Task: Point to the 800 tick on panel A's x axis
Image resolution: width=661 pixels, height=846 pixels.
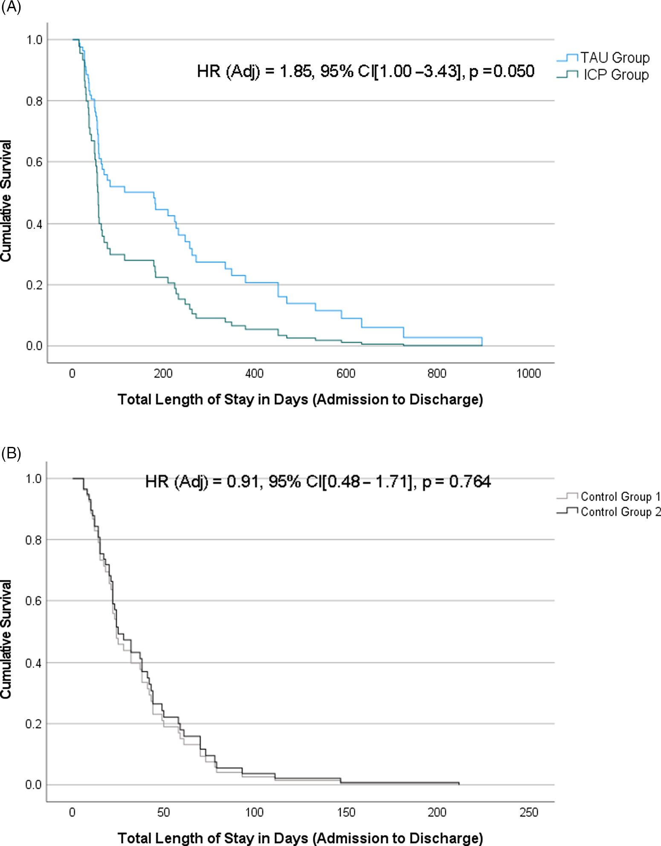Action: point(437,374)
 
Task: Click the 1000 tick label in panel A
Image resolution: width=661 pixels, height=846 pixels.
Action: point(528,374)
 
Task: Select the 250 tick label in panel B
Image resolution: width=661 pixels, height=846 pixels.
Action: point(529,812)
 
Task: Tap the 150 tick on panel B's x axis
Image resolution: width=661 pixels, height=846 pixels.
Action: point(346,812)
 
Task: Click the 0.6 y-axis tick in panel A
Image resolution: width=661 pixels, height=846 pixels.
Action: point(34,162)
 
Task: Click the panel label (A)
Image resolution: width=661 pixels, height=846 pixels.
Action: point(11,7)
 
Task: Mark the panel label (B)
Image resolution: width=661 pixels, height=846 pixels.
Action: point(11,453)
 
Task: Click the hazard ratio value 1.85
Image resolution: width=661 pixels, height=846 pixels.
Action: point(295,71)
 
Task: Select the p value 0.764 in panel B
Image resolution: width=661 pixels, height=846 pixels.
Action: point(470,482)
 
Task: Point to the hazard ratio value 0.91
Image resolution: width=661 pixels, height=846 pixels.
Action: point(243,482)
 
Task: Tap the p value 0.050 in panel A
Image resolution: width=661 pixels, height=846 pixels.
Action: point(513,71)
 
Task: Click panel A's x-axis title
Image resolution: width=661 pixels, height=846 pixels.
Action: point(300,400)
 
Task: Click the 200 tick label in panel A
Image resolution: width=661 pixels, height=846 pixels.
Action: point(163,374)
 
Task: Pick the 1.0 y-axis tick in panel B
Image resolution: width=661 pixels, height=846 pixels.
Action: point(34,479)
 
